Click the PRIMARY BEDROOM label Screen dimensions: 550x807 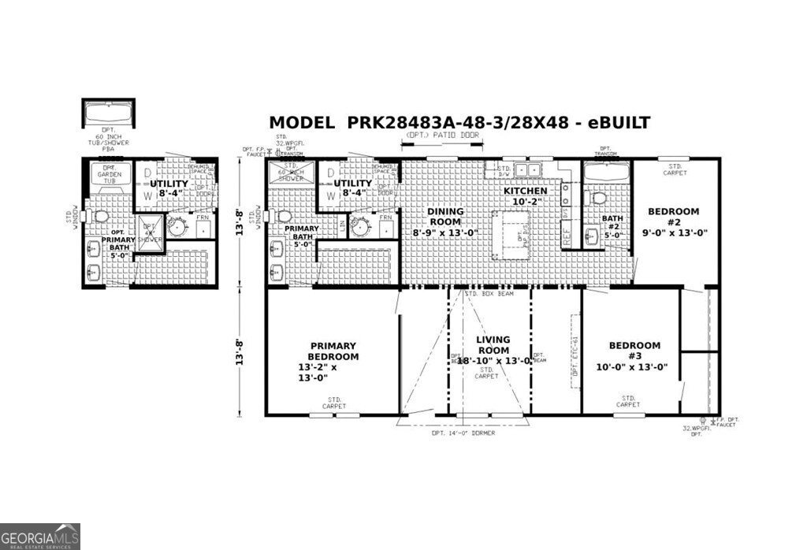(x=333, y=361)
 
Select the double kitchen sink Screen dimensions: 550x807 (x=524, y=169)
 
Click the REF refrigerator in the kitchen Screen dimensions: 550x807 (x=566, y=232)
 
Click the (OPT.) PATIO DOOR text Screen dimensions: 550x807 (x=441, y=136)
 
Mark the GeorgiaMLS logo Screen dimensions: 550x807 (x=39, y=537)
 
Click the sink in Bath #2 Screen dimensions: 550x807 (x=593, y=234)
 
